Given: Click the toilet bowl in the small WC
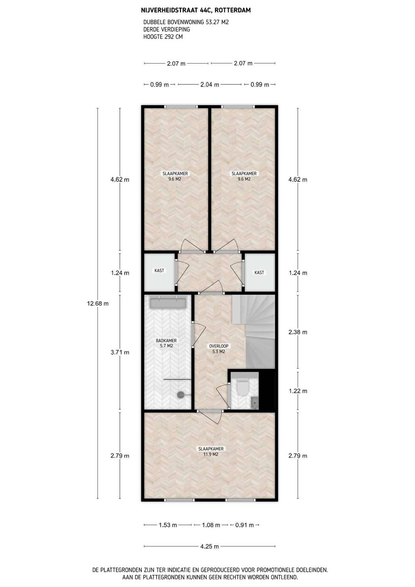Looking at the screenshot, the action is tap(243, 387).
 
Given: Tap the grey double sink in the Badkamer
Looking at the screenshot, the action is tap(168, 303).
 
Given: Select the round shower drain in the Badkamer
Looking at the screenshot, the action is tap(181, 395).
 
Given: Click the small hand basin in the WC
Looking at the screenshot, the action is tap(255, 403).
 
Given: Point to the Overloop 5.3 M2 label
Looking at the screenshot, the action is tap(219, 349).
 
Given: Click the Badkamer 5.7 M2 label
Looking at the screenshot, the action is tap(166, 343).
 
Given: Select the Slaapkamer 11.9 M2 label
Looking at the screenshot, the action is tap(211, 452).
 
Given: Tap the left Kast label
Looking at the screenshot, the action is tap(159, 271).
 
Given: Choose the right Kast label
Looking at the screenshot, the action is tap(259, 273).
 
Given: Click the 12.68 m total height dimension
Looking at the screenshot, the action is tap(98, 304).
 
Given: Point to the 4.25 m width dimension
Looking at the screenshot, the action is tap(210, 546).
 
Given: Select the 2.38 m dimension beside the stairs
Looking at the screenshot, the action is tap(298, 332).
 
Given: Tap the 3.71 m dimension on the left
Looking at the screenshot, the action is tap(120, 352).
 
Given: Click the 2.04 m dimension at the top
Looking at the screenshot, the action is tap(210, 85).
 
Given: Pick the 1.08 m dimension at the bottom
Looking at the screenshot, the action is tap(211, 525).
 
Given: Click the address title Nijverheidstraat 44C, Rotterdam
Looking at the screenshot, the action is tap(196, 10).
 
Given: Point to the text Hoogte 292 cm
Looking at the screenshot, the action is tap(163, 37).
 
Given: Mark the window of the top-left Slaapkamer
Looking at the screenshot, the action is tap(181, 107).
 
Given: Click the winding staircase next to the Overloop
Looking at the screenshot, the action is tap(254, 332).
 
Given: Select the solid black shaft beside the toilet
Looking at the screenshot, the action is tap(267, 391).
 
